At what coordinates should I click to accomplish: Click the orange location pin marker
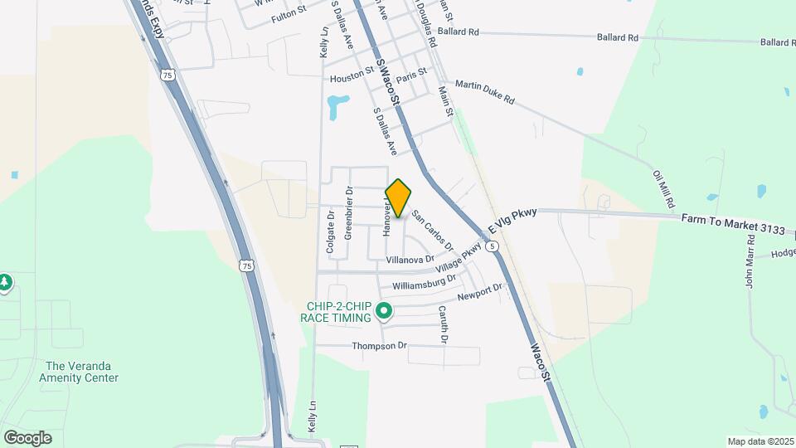[398, 197]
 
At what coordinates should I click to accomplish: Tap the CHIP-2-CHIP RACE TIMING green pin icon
[383, 312]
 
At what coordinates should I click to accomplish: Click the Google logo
[27, 438]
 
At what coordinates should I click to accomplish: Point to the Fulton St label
[289, 9]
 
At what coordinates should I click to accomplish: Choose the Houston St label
[352, 77]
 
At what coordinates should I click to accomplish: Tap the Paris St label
[410, 75]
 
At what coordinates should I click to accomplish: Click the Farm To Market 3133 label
[726, 222]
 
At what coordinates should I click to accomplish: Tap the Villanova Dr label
[410, 260]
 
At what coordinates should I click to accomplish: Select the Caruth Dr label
[444, 324]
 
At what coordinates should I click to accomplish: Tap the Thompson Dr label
[380, 345]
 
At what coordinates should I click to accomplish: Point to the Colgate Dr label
[330, 231]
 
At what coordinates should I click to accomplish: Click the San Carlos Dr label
[433, 229]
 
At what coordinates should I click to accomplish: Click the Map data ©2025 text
[760, 441]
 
